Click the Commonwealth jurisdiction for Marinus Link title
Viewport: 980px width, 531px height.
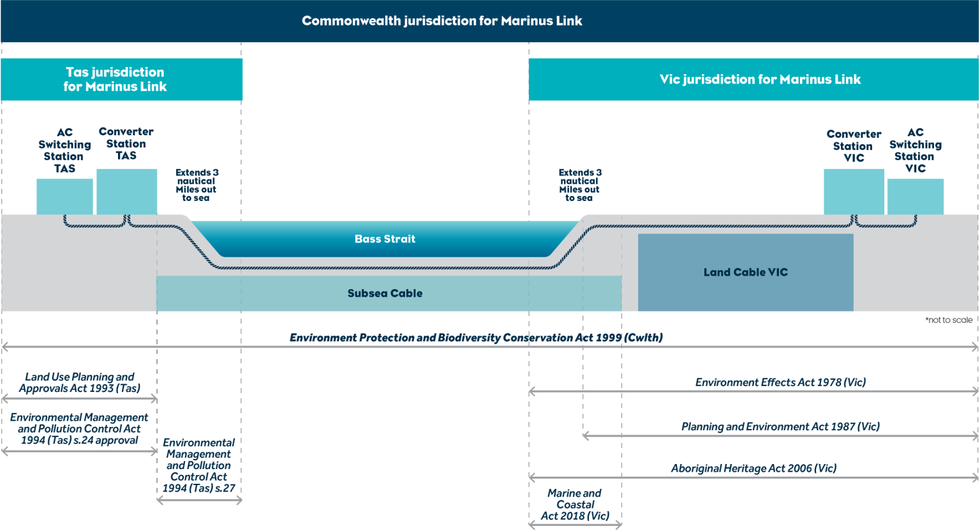442,21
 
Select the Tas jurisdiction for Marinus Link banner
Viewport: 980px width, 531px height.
115,79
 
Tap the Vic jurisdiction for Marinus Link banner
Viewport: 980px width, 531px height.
759,79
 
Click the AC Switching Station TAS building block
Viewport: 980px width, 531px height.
64,197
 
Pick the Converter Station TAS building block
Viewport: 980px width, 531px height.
126,191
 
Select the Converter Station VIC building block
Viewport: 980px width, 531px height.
854,191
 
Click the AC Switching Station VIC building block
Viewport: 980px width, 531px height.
915,197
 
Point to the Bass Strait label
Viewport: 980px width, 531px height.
385,239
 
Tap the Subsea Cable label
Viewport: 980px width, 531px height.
385,294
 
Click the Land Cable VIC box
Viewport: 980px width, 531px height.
745,273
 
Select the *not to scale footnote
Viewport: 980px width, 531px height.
949,320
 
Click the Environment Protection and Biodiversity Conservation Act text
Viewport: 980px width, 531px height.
476,338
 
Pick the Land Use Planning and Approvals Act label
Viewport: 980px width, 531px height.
79,382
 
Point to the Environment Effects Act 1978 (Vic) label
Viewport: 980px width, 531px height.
780,382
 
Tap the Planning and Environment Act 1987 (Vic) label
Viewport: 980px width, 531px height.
780,426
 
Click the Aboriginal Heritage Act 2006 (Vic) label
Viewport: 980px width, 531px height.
753,468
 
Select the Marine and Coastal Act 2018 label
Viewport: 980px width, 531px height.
575,504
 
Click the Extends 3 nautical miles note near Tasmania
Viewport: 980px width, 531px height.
197,185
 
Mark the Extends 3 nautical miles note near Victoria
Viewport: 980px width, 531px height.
579,185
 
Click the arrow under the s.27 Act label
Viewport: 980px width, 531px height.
199,500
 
